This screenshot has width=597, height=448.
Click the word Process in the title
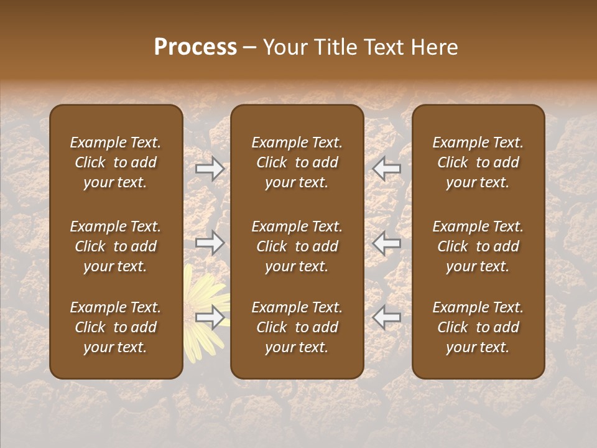coord(195,47)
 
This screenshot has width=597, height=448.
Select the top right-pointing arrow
coord(210,169)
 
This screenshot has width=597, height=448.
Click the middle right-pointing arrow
coord(210,243)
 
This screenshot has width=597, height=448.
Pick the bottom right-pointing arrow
coord(210,317)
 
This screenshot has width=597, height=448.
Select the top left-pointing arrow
coord(386,169)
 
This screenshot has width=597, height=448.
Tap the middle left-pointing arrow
coord(386,243)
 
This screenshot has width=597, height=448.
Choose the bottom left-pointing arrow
coord(386,317)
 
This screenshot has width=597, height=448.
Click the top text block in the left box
coord(116,162)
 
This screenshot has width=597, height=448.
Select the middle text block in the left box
coord(116,246)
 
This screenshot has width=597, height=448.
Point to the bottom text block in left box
coord(116,327)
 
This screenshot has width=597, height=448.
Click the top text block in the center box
coord(297,162)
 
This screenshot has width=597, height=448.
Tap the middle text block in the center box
coord(297,246)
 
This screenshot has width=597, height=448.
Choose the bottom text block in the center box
coord(297,327)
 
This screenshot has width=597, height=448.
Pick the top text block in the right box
coord(478,162)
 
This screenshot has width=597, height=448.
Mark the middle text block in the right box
coord(478,246)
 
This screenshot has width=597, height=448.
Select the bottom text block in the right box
coord(478,327)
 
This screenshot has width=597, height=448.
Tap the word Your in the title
coord(284,47)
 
